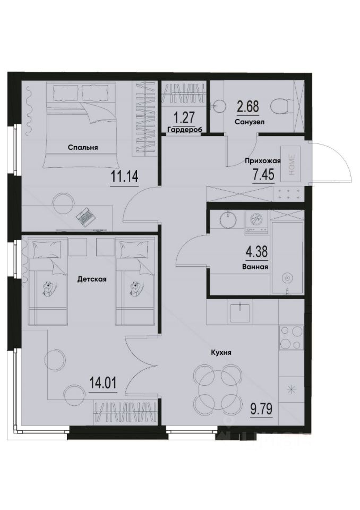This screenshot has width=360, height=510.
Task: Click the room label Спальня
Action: pyautogui.click(x=83, y=148)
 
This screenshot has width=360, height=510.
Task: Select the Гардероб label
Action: pyautogui.click(x=182, y=130)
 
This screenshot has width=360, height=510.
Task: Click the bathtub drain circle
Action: pyautogui.click(x=287, y=277)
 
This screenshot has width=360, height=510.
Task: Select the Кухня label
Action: pyautogui.click(x=220, y=352)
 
